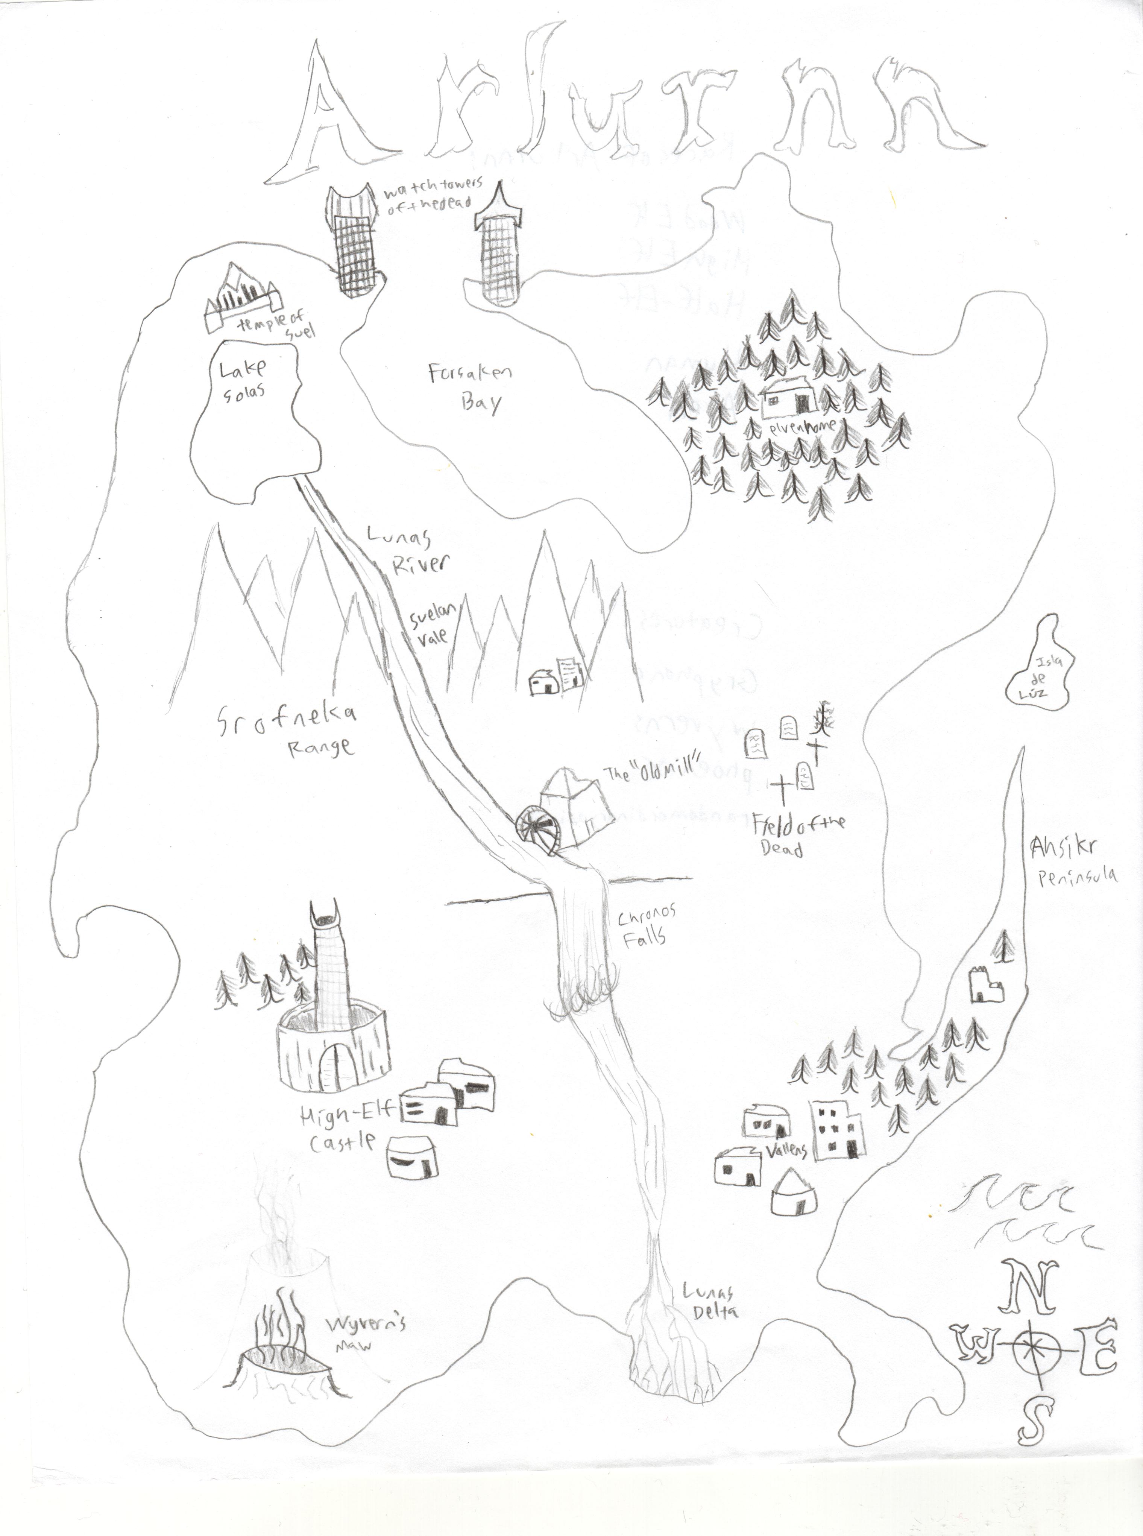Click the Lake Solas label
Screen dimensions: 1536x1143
coord(242,381)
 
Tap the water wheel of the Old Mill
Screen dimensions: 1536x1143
coord(540,830)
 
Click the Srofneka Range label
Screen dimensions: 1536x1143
coord(287,726)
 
